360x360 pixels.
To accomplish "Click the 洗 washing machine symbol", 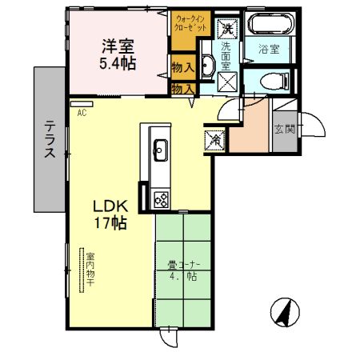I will pyautogui.click(x=227, y=28).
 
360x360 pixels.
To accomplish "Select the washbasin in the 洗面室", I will pyautogui.click(x=206, y=66).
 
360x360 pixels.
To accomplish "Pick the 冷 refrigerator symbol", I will pyautogui.click(x=215, y=138).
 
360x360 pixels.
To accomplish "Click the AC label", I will pyautogui.click(x=82, y=114).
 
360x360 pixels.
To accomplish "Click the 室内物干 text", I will pyautogui.click(x=90, y=272).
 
